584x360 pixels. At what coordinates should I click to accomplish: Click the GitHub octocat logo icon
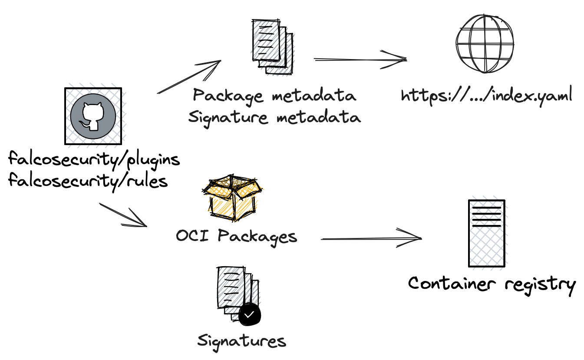click(93, 116)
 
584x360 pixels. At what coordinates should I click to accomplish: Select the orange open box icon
click(233, 198)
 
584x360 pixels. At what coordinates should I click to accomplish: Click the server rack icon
click(486, 233)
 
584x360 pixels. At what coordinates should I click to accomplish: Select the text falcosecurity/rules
click(88, 180)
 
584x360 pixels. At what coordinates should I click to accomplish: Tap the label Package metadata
click(274, 96)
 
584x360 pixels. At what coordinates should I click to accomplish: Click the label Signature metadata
click(274, 117)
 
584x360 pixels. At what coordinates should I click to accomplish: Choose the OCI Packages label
click(237, 237)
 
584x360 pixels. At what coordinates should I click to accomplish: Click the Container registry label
click(492, 284)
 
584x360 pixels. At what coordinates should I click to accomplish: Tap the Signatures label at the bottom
click(242, 341)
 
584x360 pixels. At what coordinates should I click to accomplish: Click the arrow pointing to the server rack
click(371, 238)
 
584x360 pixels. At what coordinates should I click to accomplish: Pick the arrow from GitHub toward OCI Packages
click(124, 215)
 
